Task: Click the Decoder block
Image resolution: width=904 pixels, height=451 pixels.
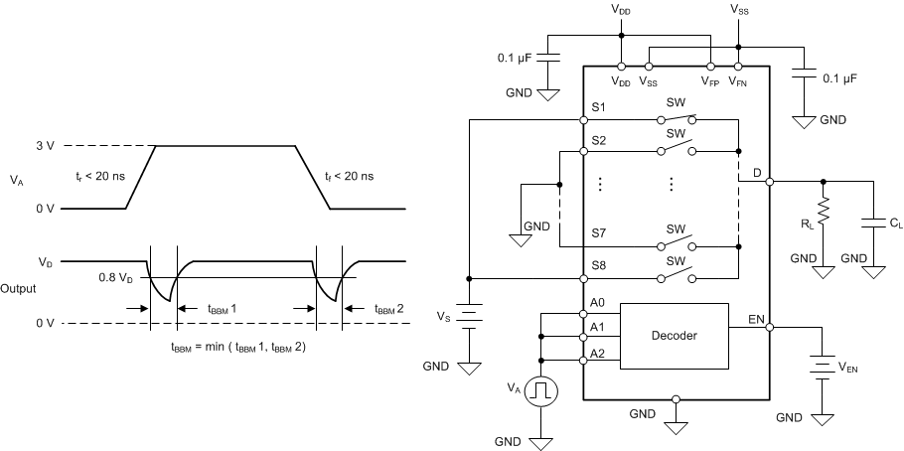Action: click(674, 336)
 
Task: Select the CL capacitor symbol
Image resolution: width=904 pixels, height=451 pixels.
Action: click(874, 221)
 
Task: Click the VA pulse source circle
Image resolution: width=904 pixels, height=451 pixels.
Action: click(541, 391)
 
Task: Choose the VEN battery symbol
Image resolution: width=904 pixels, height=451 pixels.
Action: click(822, 366)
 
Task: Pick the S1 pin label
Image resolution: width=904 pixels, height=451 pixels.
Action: click(597, 107)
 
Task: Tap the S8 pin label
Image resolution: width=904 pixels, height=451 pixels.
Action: click(597, 266)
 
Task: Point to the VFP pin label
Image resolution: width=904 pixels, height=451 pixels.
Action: click(711, 82)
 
